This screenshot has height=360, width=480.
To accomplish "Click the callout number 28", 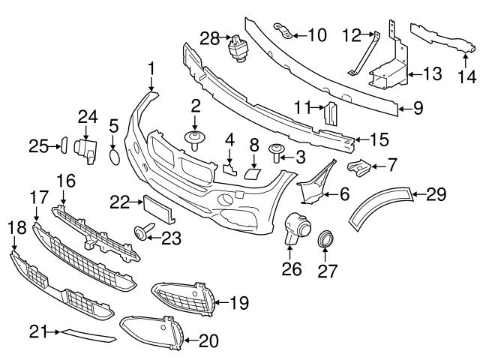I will tap(208, 37).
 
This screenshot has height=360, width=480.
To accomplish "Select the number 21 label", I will tap(39, 331).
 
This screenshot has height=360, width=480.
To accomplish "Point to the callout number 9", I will tap(418, 108).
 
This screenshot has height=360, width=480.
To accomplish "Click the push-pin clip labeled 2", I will tap(195, 139).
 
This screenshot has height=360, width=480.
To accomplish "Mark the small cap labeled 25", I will tap(64, 145).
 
